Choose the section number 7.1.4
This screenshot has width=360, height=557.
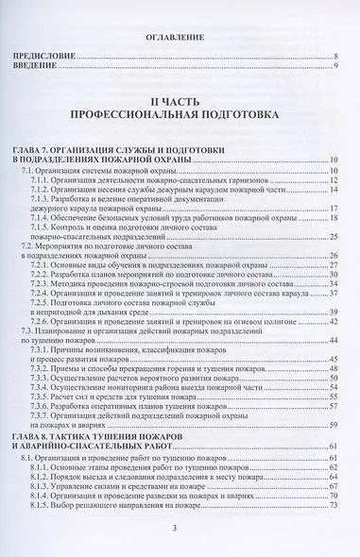[x=41, y=218]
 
